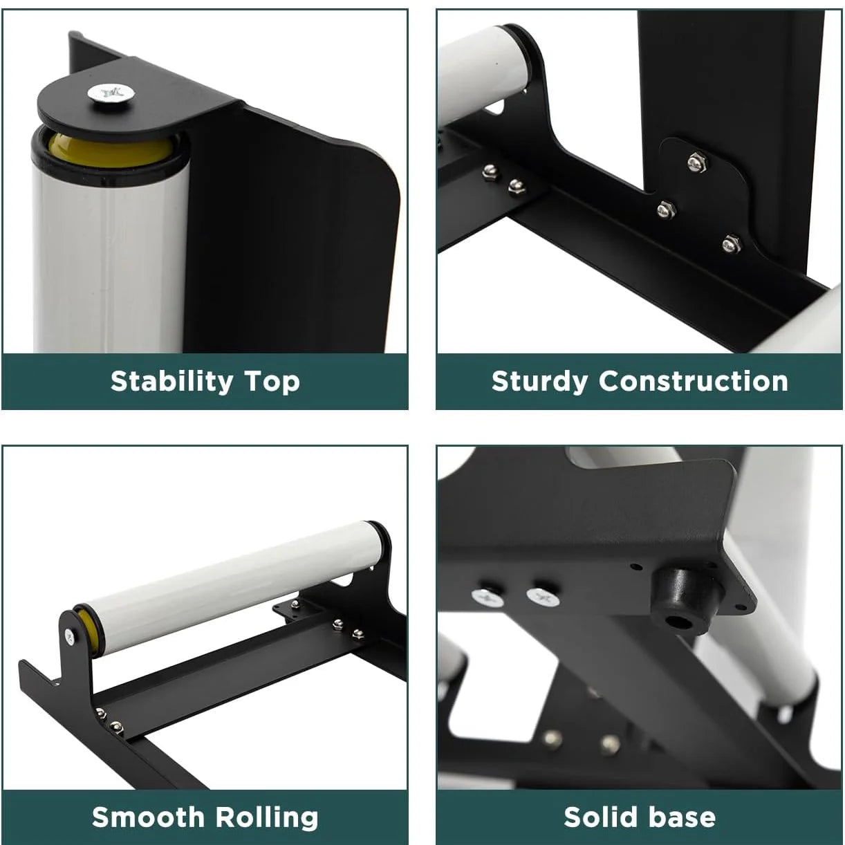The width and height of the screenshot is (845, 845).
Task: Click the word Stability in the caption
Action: (x=172, y=382)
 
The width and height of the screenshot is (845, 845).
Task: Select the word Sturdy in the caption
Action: (x=539, y=382)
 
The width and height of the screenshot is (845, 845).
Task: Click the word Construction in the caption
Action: (x=693, y=381)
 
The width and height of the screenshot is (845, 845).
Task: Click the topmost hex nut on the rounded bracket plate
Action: (x=695, y=163)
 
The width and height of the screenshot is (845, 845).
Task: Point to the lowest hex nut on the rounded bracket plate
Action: (x=731, y=243)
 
